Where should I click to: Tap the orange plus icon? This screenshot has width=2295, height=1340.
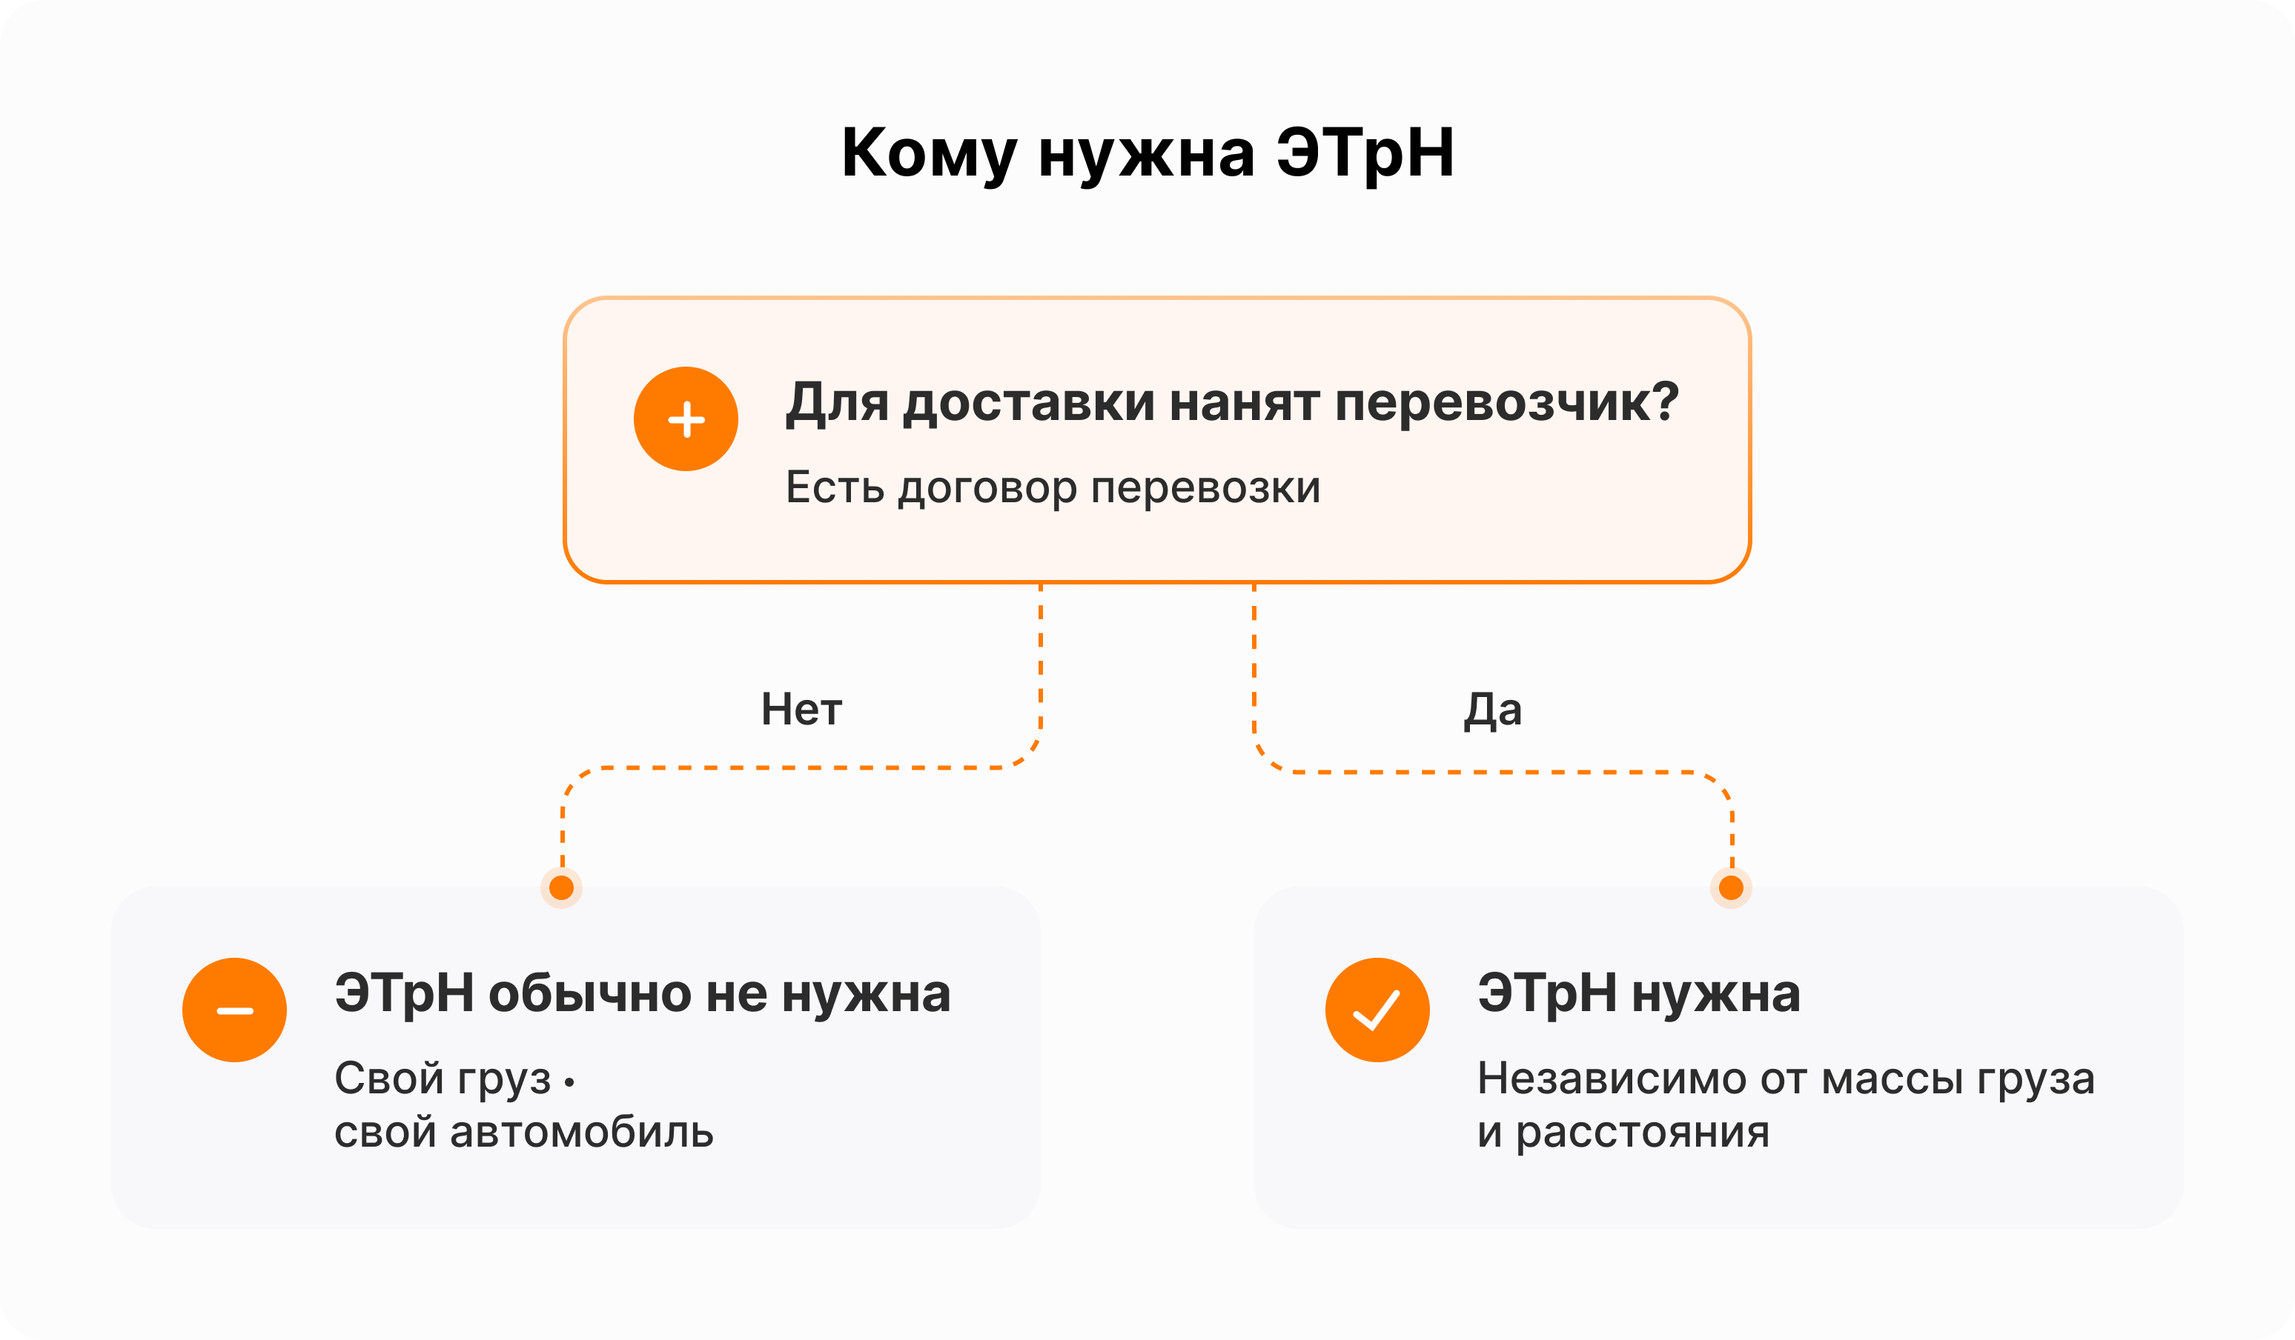pos(686,419)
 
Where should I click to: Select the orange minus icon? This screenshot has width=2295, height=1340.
pos(235,1010)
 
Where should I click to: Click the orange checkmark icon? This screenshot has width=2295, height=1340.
pos(1377,1010)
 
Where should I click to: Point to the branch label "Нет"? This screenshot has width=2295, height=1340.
pos(801,709)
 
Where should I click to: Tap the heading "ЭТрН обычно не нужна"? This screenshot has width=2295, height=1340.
pos(643,994)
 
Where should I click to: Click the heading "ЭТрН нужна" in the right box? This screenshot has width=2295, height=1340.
pos(1639,994)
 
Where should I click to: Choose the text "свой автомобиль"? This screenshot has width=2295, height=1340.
pos(523,1133)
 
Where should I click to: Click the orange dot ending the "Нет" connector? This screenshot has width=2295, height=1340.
pos(562,887)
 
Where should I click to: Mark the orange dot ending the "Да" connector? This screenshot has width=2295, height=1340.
pos(1732,887)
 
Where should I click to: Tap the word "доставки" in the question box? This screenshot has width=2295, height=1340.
pos(1029,403)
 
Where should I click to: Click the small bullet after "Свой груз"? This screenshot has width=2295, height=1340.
pos(569,1082)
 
